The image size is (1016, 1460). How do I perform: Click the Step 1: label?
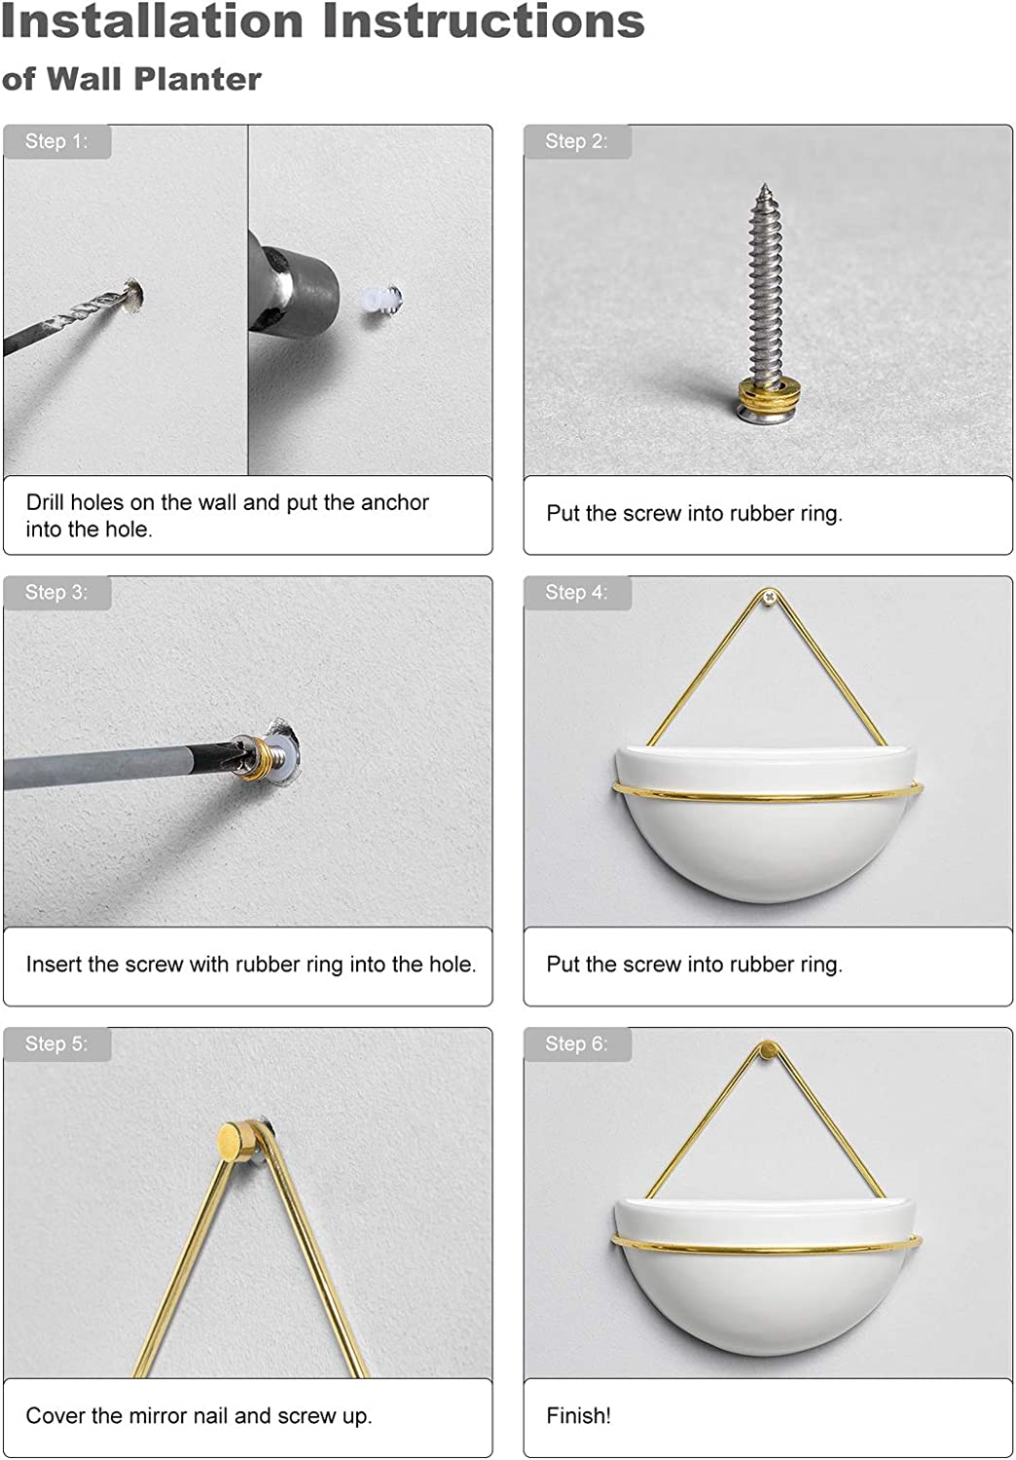pos(56,141)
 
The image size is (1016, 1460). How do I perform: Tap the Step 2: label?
pos(576,141)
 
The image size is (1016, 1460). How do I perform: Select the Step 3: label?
pos(56,592)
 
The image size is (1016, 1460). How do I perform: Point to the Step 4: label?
pos(576,592)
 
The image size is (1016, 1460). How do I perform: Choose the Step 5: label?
pos(56,1043)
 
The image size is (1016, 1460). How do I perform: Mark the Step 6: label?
pos(576,1043)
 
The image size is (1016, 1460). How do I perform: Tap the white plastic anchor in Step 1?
pos(380,300)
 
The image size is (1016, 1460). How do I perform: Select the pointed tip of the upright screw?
pos(764,187)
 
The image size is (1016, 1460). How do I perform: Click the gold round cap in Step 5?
pos(236,1140)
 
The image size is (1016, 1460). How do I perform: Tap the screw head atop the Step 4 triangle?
pos(771,596)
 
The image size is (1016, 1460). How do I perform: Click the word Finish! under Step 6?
pos(578,1415)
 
